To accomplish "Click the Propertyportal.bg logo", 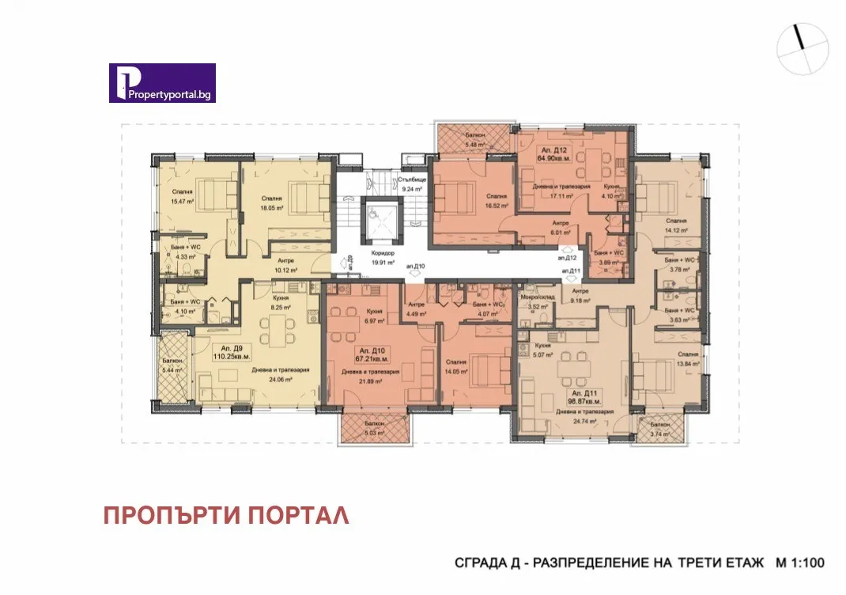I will pos(162,83).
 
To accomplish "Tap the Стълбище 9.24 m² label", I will pos(414,184).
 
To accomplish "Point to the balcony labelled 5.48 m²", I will pos(474,142).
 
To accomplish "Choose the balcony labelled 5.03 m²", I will pos(376,428).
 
